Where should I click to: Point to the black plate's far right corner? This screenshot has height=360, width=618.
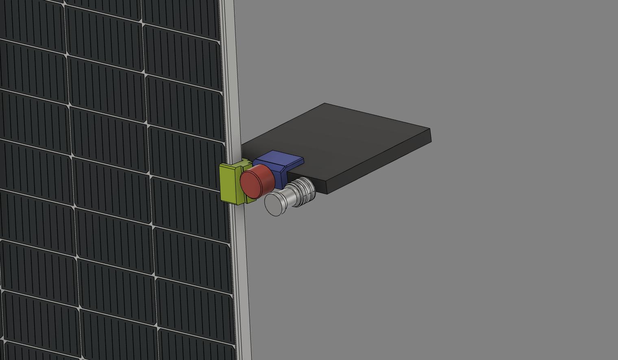point(430,130)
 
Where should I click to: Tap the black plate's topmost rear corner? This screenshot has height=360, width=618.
point(324,104)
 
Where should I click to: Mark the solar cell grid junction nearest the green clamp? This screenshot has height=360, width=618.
point(150,176)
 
